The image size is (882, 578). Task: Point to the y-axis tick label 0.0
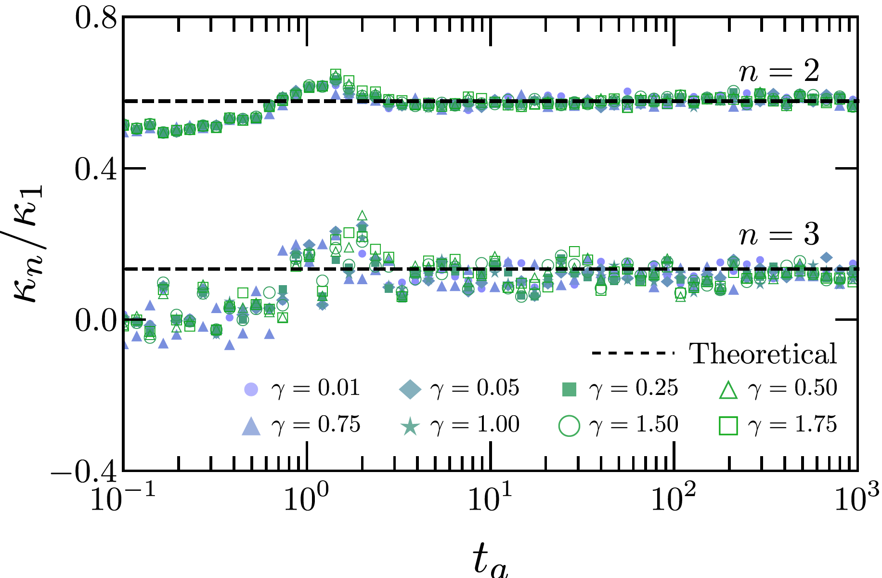coord(96,321)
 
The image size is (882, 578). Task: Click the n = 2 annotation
coord(778,72)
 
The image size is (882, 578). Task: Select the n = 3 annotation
coord(778,236)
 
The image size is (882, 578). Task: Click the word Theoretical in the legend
coord(763,354)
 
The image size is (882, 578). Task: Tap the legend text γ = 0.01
coord(315,388)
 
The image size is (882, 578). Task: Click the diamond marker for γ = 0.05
coord(410,389)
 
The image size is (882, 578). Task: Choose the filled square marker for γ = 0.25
coord(569,389)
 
